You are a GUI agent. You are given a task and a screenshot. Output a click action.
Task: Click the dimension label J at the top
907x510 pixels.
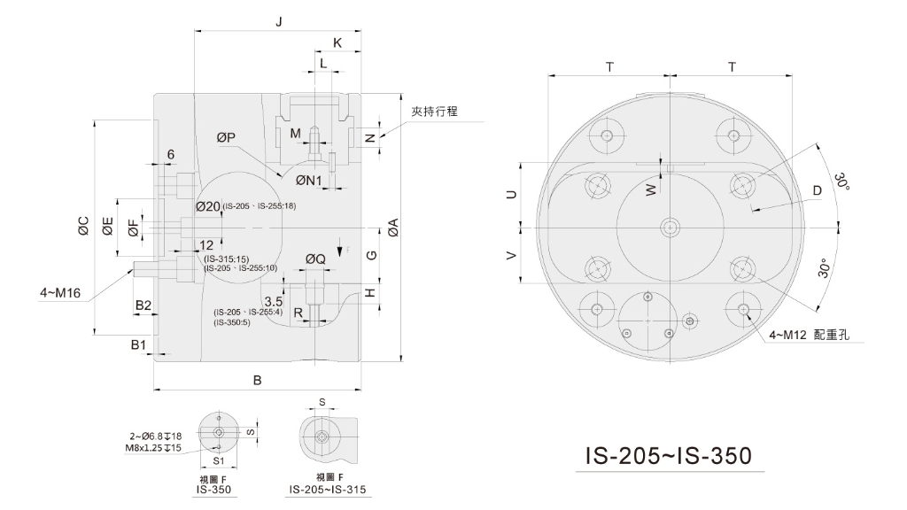[279, 22]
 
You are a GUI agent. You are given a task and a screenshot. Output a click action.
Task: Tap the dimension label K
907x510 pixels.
[337, 42]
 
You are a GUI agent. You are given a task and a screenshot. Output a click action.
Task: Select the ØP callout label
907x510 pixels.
[226, 137]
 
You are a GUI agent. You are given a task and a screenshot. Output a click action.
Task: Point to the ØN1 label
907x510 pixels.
[309, 181]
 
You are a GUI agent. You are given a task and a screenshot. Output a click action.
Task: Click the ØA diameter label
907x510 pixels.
[393, 228]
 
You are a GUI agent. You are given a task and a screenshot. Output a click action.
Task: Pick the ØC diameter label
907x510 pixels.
[84, 226]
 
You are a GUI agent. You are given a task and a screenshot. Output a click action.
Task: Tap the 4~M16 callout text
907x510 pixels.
[60, 293]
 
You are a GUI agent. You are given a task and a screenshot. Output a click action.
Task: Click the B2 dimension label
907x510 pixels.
[143, 305]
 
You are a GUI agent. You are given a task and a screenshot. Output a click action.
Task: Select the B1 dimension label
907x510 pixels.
[138, 345]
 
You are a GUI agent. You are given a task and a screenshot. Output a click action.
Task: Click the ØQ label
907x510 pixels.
[316, 259]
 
